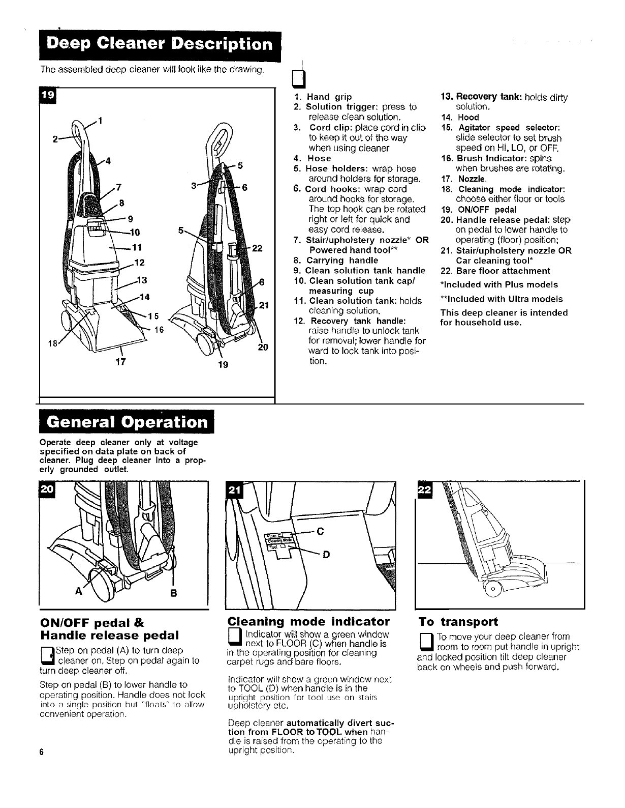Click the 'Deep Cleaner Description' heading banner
point(158,46)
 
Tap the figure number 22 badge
point(424,489)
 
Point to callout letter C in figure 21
point(320,532)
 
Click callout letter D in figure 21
point(325,555)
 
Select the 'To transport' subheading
point(458,622)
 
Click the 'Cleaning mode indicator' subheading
point(308,621)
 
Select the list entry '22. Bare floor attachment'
point(495,271)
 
